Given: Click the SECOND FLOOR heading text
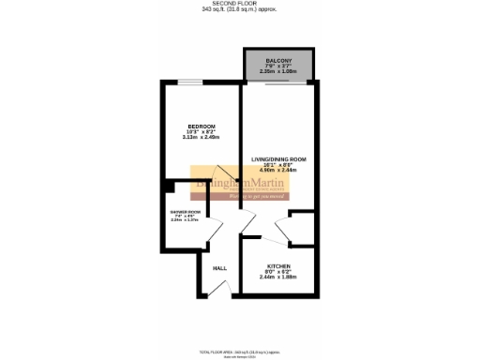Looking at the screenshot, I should (x=239, y=4).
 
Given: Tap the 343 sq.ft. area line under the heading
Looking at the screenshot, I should (x=239, y=10).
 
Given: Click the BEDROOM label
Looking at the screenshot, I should (x=201, y=127).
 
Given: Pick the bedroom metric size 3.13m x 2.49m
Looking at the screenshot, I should (x=201, y=138).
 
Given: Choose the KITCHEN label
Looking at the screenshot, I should (x=278, y=265).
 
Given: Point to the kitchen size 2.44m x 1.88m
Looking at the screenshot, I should (x=278, y=277).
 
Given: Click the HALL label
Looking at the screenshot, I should (x=219, y=269).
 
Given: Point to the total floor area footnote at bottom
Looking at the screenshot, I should (x=239, y=349).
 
